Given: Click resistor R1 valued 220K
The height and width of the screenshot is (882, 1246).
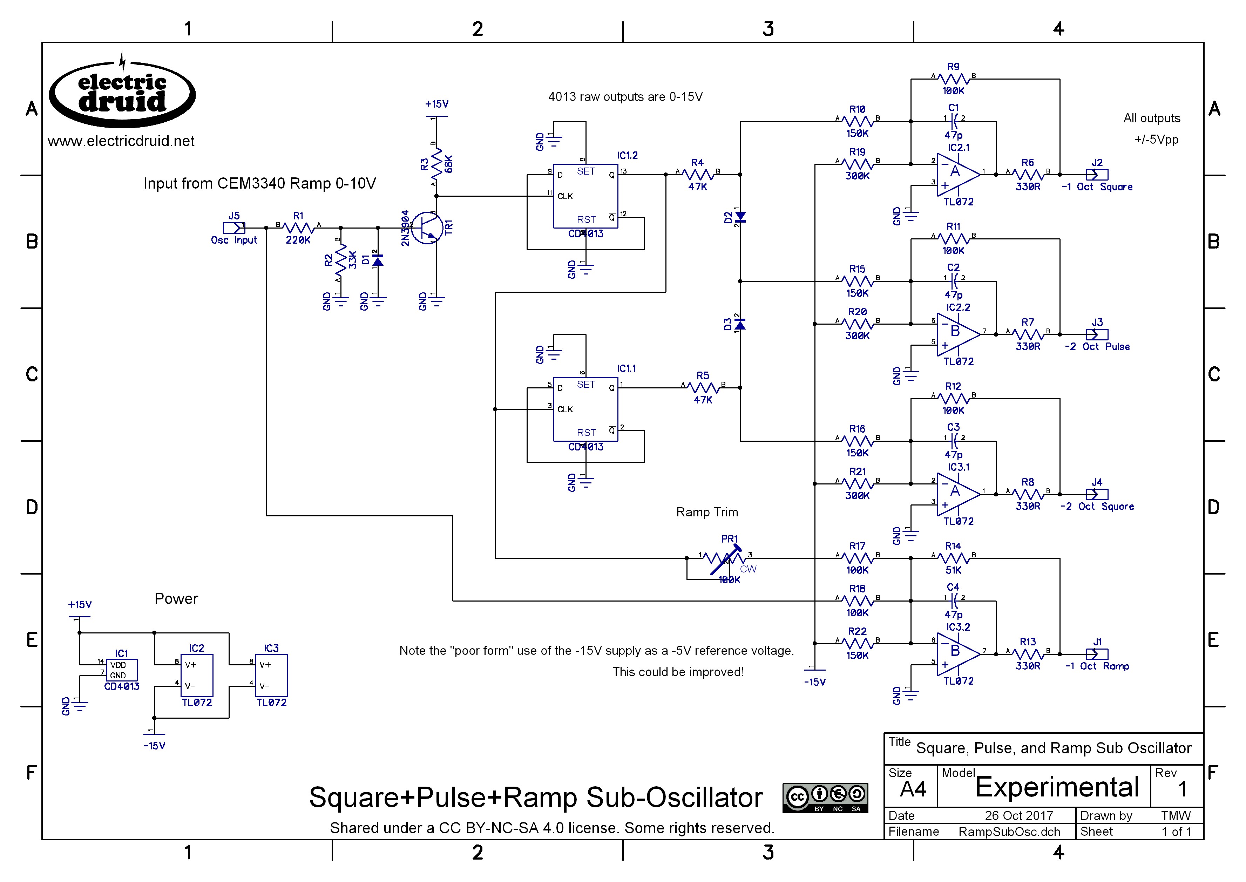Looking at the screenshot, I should point(298,228).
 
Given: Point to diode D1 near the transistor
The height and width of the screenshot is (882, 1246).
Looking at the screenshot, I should point(378,261).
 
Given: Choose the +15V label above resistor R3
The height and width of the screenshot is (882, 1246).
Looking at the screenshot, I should point(437,104).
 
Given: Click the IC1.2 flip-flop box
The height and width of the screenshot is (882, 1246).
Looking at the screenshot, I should point(585,197).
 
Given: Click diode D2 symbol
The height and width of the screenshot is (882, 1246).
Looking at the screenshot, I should point(740,217).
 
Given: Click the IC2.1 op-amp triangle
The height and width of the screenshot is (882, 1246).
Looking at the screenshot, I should point(958,174).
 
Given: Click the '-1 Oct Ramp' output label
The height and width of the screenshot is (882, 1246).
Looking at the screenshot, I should point(1097,666).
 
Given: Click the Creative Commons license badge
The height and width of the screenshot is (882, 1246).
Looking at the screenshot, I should point(825,798).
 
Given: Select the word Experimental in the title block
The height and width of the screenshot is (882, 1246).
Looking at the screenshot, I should point(1056,787).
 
